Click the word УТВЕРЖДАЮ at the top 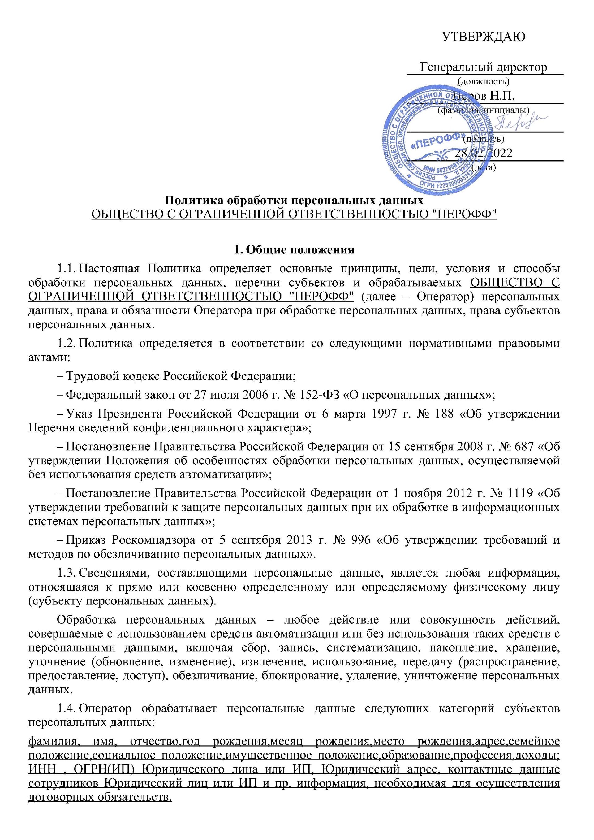pyautogui.click(x=484, y=37)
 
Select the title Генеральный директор pyautogui.click(x=484, y=67)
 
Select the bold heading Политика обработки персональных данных pyautogui.click(x=294, y=201)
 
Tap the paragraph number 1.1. pyautogui.click(x=66, y=269)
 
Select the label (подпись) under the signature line pyautogui.click(x=483, y=139)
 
